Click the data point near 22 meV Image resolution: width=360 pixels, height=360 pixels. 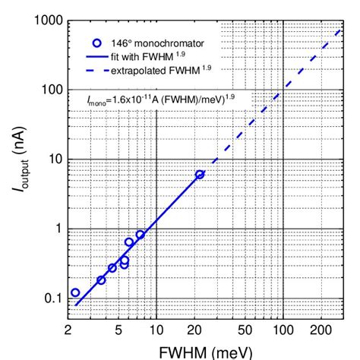[200, 175]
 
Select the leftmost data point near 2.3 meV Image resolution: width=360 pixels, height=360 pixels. [74, 292]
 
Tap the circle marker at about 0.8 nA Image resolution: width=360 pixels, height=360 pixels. [140, 235]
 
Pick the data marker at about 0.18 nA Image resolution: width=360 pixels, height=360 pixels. [101, 280]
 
